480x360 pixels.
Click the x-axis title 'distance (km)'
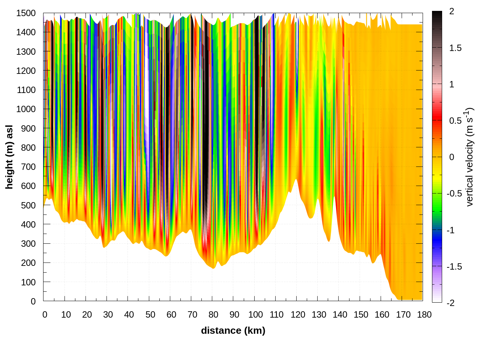pos(233,330)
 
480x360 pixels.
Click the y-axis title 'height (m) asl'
pos(9,157)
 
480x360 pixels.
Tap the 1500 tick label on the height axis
pos(26,13)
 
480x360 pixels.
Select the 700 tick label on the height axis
pos(28,167)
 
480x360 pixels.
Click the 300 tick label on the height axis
pos(28,244)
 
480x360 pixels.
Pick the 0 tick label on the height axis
pos(33,301)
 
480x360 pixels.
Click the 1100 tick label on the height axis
pos(26,90)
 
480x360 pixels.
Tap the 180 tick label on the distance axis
pos(424,315)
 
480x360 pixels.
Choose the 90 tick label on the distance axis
pos(234,315)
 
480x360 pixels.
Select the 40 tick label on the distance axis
pos(129,315)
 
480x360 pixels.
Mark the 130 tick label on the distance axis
pos(319,315)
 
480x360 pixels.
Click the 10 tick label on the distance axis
pos(66,315)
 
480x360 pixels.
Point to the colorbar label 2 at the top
pos(451,12)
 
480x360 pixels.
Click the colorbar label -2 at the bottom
pos(450,303)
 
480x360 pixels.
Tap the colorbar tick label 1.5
pos(455,48)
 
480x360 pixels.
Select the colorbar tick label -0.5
pos(454,193)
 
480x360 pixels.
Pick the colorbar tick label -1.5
pos(454,267)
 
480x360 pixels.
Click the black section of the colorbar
pos(437,22)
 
